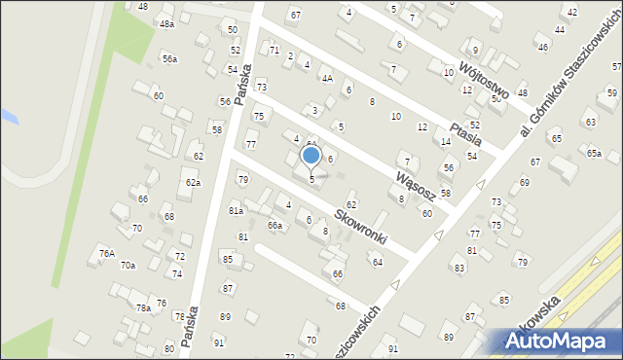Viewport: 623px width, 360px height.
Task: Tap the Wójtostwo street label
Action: [x=472, y=75]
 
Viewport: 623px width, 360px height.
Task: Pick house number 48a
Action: [x=167, y=23]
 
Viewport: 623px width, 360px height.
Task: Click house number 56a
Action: [x=169, y=59]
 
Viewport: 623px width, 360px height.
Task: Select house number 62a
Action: [x=193, y=182]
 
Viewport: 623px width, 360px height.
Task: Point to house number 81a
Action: [x=236, y=210]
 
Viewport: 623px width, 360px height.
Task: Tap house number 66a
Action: [x=275, y=226]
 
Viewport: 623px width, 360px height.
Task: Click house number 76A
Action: [x=107, y=253]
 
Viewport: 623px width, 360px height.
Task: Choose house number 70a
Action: [x=128, y=265]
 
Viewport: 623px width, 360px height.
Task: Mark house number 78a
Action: [x=142, y=307]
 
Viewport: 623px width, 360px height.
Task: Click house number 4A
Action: [x=327, y=78]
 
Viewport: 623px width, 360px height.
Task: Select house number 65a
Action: [x=594, y=153]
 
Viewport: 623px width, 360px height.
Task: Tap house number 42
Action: [x=571, y=12]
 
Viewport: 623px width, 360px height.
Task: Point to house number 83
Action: [x=458, y=268]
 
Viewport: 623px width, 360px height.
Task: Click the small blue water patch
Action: [x=8, y=116]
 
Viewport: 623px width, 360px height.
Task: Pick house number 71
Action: [x=275, y=50]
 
